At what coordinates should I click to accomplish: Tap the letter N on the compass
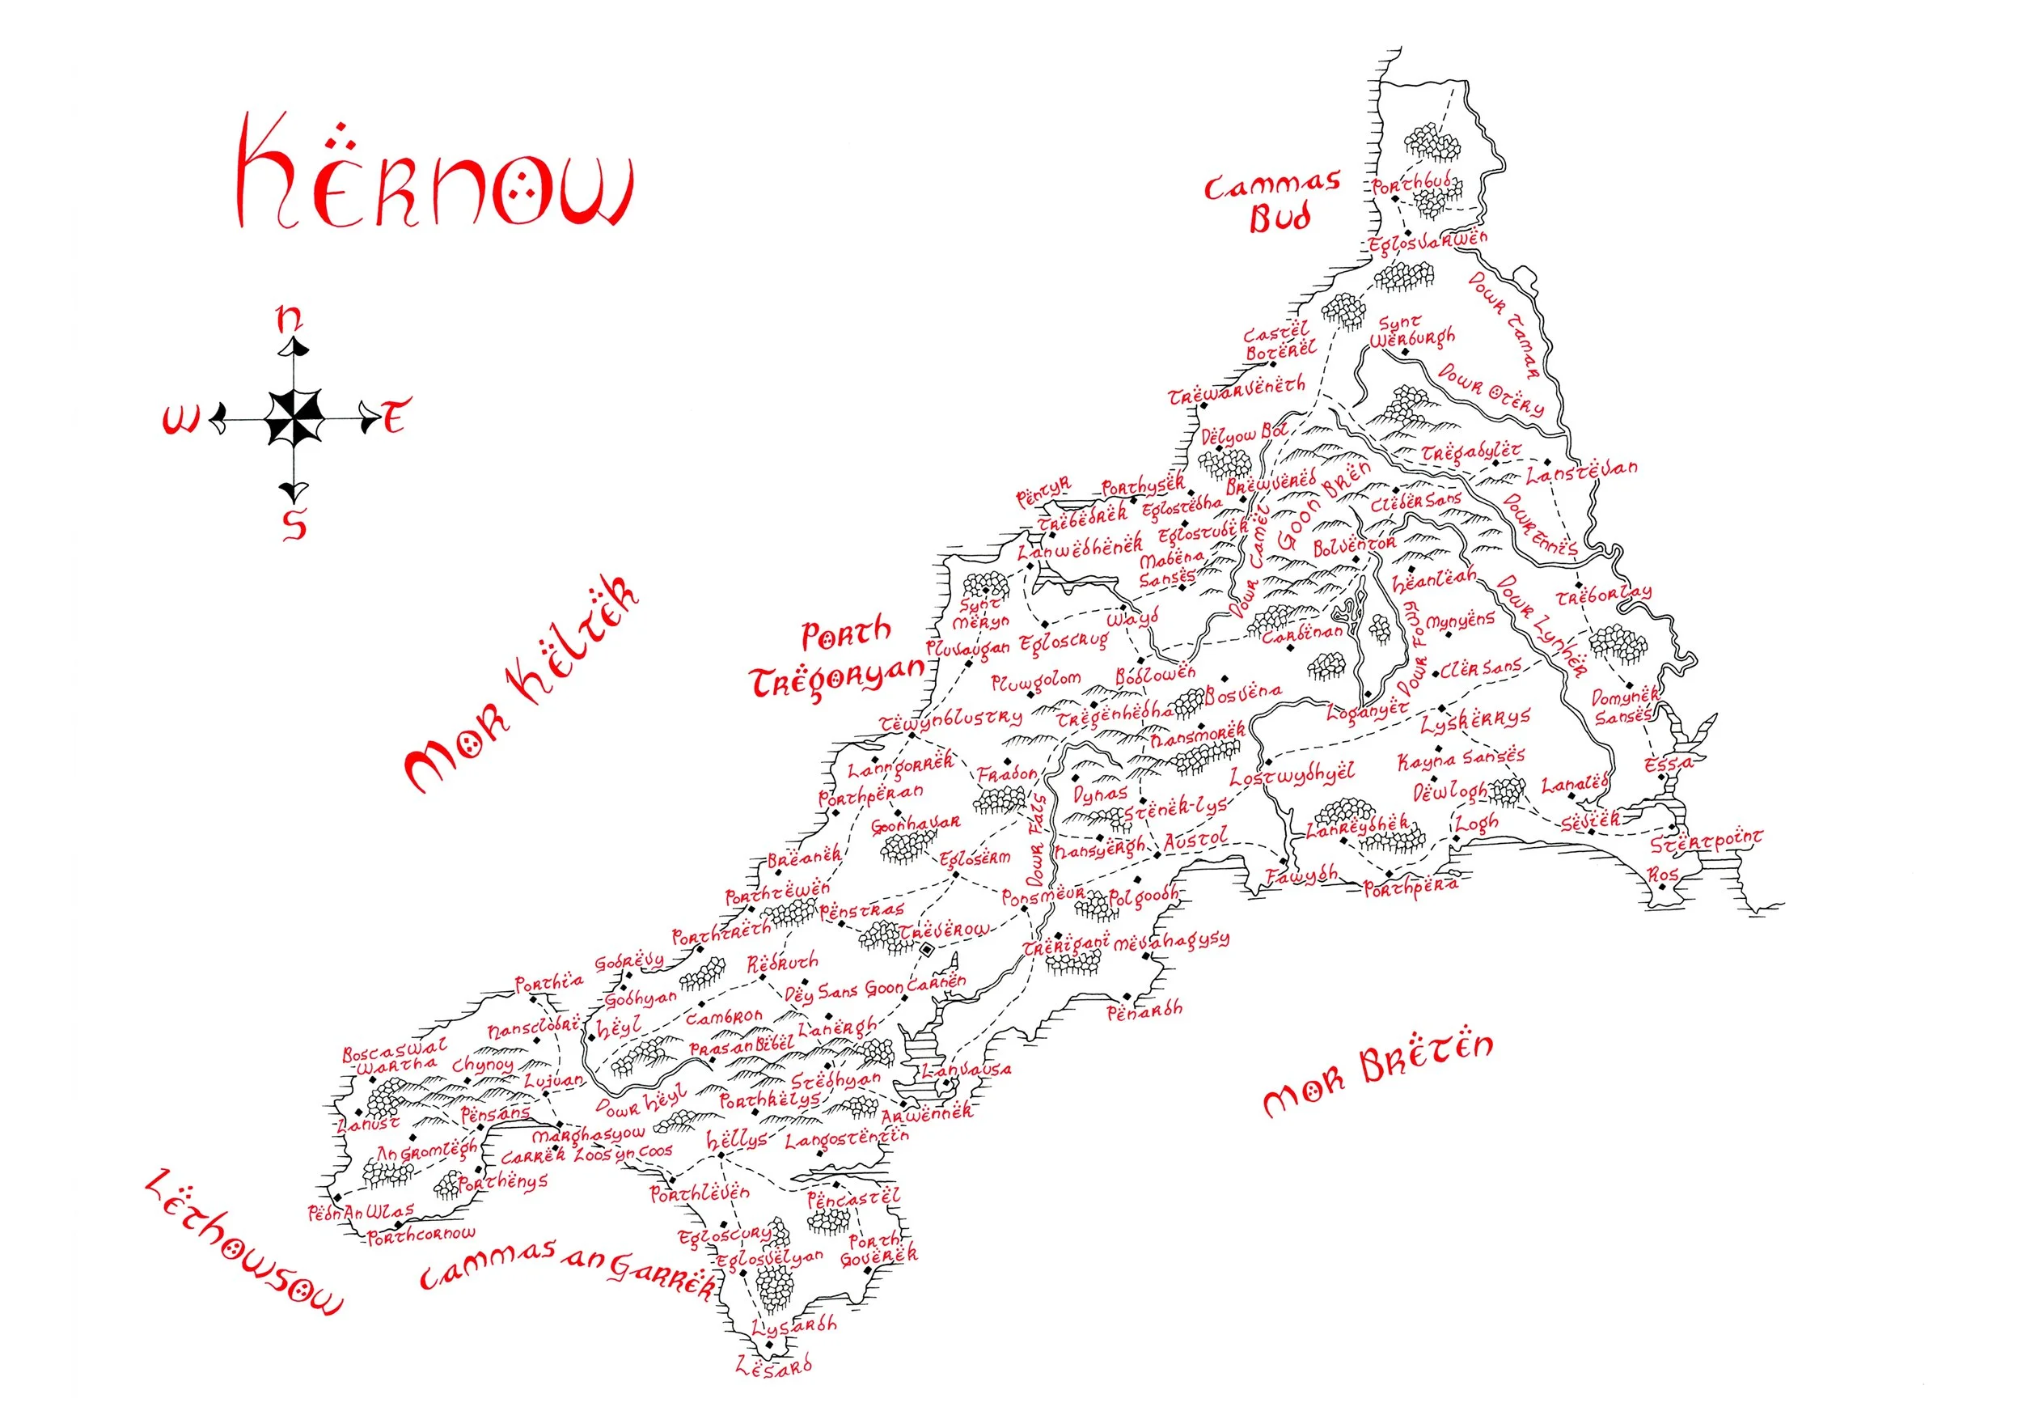289,319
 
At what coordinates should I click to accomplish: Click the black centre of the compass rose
294,417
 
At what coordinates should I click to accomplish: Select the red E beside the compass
396,416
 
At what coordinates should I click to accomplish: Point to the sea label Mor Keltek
522,685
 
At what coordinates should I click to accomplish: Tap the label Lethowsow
242,1243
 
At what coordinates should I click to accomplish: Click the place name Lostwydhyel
1292,775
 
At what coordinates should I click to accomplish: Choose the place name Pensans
495,1115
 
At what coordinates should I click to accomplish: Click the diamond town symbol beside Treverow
926,950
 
